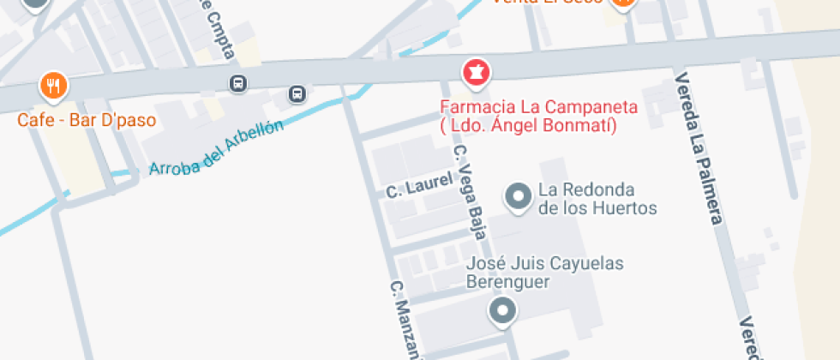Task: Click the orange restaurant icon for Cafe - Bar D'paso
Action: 53,86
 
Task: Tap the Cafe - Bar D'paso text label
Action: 87,120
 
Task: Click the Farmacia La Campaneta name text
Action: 539,107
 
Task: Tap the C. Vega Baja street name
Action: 470,191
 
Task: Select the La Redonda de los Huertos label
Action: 597,199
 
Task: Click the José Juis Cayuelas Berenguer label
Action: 544,272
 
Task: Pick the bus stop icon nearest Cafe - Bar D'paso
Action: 237,84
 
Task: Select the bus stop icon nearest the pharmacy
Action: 297,93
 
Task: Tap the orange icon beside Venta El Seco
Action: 623,3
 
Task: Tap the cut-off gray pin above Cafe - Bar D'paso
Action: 35,4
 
